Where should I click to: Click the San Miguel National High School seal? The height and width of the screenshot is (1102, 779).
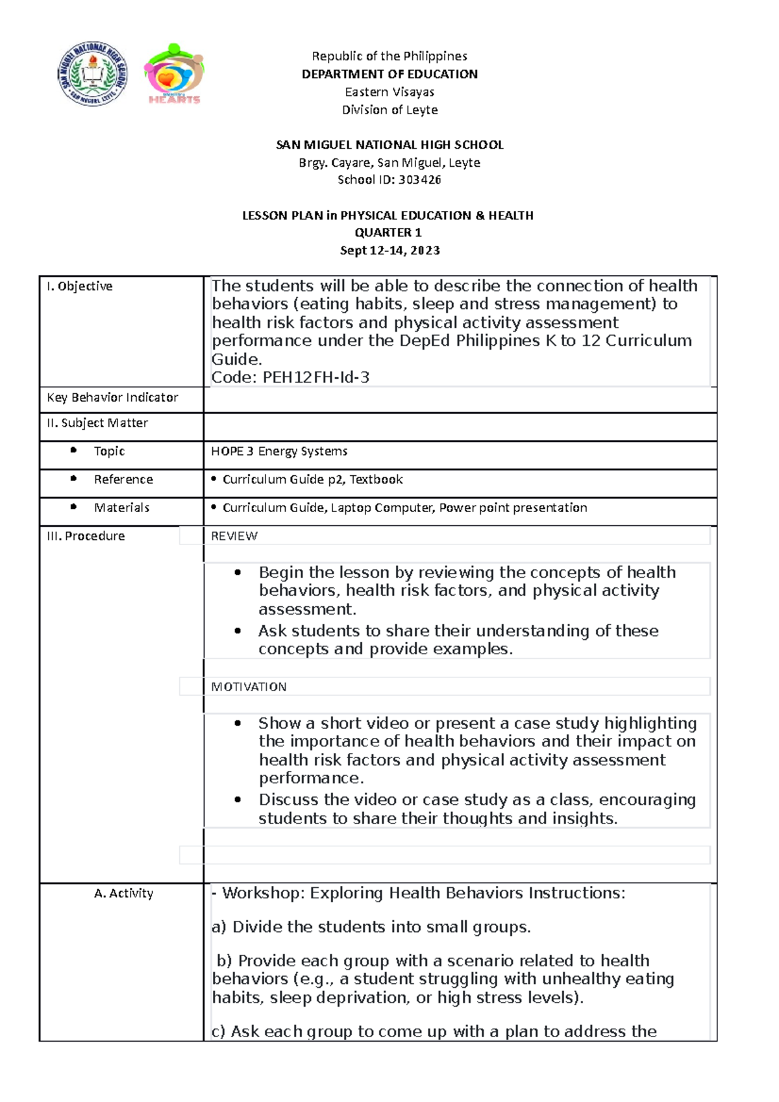coord(92,75)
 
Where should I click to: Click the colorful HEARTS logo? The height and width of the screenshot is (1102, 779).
coord(174,74)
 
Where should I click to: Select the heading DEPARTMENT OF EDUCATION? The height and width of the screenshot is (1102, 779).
coord(389,74)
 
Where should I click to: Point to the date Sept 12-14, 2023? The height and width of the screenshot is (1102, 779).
coord(389,251)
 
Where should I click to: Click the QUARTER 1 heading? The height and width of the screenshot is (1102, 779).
coord(388,232)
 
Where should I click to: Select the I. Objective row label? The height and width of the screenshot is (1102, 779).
coord(79,286)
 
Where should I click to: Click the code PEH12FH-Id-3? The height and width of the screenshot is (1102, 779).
coord(316,377)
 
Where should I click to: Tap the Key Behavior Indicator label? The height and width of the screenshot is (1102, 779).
coord(112,397)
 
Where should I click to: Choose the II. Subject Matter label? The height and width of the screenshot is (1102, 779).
coord(97,423)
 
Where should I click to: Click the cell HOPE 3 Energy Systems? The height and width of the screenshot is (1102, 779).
coord(279,451)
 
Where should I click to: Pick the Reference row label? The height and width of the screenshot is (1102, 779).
coord(123,480)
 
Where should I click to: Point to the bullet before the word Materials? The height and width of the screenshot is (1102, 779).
coord(73,507)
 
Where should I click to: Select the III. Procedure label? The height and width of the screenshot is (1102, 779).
coord(86,536)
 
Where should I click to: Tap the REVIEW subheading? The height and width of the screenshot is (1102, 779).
coord(234,536)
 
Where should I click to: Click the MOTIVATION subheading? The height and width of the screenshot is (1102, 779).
coord(249,687)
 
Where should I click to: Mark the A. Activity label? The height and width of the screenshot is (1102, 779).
coord(123,894)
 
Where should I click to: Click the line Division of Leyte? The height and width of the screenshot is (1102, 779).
coord(389,110)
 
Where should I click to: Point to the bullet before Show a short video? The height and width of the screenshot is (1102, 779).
coord(238,723)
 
